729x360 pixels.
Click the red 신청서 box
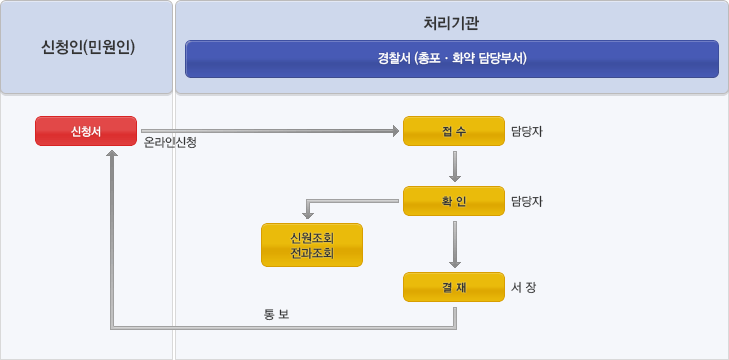(x=86, y=131)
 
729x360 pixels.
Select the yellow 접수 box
(x=453, y=131)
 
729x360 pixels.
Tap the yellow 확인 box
(x=453, y=201)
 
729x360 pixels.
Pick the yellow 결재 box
(x=453, y=287)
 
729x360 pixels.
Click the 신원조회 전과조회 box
(x=311, y=245)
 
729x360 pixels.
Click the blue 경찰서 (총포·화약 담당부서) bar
(x=452, y=58)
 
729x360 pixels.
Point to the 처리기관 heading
(x=452, y=22)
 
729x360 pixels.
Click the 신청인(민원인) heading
(x=88, y=47)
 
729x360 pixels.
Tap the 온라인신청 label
(x=170, y=143)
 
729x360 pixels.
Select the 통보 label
(x=276, y=314)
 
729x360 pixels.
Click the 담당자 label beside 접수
(x=526, y=131)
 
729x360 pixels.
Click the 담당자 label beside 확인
(x=526, y=201)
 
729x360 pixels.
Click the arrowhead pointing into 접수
(x=393, y=131)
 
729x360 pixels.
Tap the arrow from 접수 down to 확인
(x=455, y=166)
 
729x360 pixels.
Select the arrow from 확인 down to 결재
(x=455, y=244)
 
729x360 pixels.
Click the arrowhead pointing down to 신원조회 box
(x=309, y=214)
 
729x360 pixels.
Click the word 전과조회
(x=311, y=253)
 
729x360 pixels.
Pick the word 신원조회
(x=311, y=238)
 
